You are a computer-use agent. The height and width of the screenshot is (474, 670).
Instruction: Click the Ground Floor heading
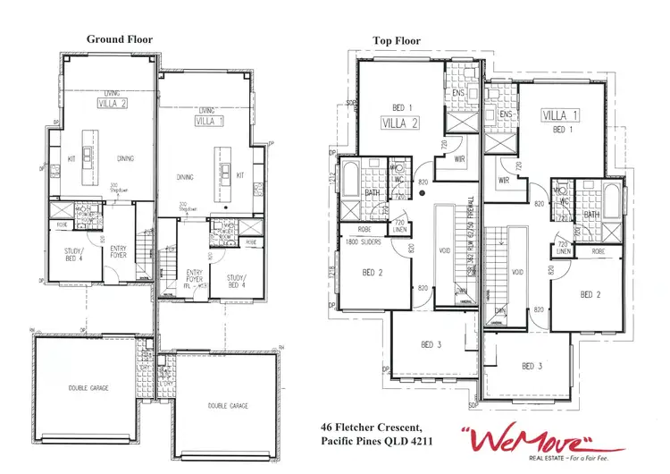click(120, 39)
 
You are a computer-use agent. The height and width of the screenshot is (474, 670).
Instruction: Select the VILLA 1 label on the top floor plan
click(561, 115)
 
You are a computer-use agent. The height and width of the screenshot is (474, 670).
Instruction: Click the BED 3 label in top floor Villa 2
click(431, 344)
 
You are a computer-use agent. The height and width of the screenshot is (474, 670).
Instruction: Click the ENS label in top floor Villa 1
click(506, 114)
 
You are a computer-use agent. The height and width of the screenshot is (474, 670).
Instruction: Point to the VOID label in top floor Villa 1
click(517, 272)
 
